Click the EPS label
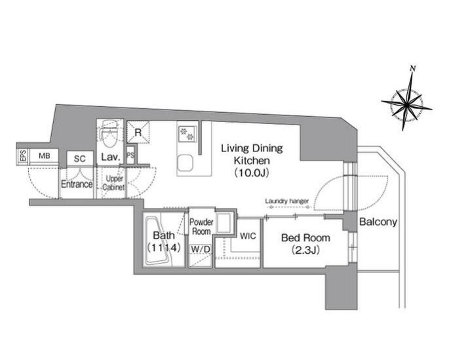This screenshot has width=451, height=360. tap(23, 156)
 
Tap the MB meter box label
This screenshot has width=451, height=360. tap(45, 156)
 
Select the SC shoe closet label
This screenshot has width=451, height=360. tap(80, 159)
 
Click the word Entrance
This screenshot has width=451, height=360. tap(77, 184)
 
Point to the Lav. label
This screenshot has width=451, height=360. tap(110, 157)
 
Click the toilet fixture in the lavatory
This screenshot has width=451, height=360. tap(109, 135)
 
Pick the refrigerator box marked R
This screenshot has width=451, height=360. tap(138, 132)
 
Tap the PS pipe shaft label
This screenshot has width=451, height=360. tap(130, 155)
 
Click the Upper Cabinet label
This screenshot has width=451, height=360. tap(114, 183)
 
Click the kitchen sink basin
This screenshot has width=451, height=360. tap(184, 163)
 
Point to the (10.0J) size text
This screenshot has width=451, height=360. tap(251, 172)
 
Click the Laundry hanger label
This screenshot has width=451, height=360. tap(286, 201)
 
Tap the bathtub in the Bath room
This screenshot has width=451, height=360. tap(157, 241)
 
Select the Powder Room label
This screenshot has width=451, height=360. tap(201, 226)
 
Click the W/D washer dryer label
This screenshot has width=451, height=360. tap(201, 249)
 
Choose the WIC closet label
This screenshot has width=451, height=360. tap(248, 236)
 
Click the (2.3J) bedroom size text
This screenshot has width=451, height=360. tap(305, 250)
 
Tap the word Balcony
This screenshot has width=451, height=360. tap(378, 222)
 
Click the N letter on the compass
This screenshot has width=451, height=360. tap(413, 68)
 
